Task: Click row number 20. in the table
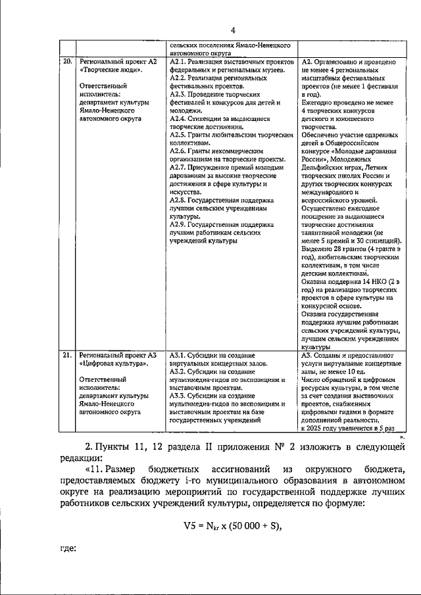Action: [x=66, y=62]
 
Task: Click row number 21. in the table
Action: [x=66, y=355]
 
